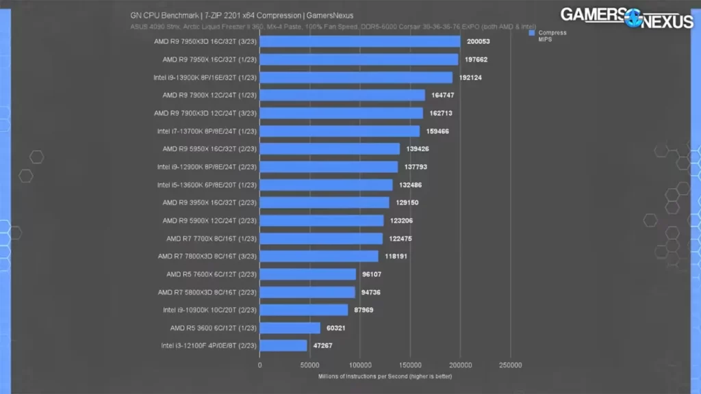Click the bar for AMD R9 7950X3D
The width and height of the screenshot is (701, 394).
(x=360, y=42)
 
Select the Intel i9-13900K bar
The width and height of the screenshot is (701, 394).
(x=356, y=77)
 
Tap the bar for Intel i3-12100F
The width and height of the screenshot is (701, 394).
(x=283, y=345)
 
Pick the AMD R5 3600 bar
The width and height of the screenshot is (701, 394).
(x=290, y=328)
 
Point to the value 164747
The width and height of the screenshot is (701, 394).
(x=443, y=95)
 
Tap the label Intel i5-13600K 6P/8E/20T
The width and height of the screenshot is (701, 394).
(x=207, y=185)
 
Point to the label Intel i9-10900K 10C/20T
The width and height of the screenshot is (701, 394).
(x=209, y=310)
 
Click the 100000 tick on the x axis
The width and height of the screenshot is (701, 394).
(x=360, y=365)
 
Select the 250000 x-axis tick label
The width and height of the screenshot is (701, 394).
(x=511, y=365)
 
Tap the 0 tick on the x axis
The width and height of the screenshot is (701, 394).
(x=260, y=365)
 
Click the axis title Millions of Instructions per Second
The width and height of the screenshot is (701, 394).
(x=385, y=376)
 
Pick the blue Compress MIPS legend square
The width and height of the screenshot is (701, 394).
(x=531, y=32)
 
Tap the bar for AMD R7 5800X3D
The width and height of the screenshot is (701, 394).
(x=307, y=292)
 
